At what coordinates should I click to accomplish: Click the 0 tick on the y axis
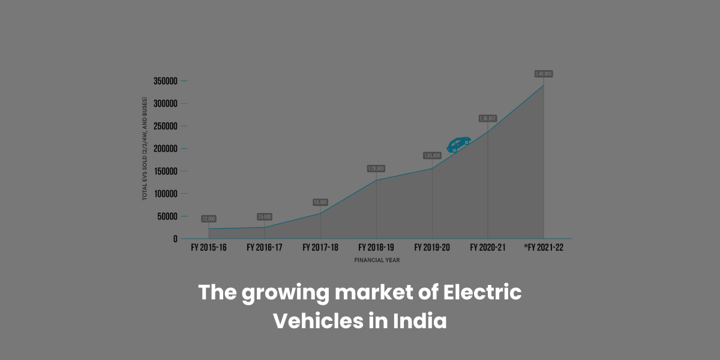[175, 239]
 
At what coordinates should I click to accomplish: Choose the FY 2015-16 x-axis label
[208, 247]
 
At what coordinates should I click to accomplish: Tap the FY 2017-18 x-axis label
[320, 247]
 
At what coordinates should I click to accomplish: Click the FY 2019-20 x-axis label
[432, 247]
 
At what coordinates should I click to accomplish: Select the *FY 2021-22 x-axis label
[543, 247]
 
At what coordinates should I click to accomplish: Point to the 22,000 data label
[209, 219]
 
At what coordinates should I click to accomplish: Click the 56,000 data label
[320, 202]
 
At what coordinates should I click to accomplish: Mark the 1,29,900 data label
[376, 169]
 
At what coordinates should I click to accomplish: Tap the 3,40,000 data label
[544, 74]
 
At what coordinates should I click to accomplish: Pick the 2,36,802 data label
[487, 118]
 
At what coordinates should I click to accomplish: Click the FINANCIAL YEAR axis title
[377, 260]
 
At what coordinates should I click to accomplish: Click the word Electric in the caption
[482, 293]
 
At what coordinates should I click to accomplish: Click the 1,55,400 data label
[432, 155]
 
